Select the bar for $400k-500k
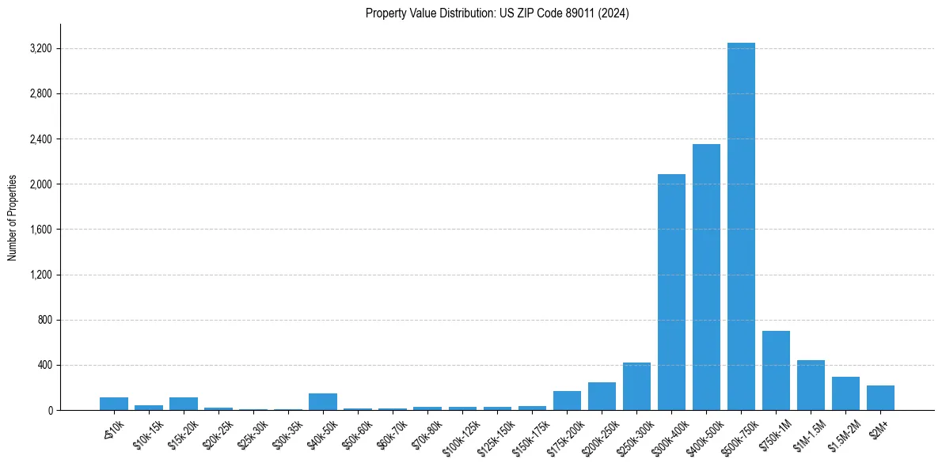[x=706, y=277]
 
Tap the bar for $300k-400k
[x=671, y=292]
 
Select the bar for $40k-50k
[x=323, y=402]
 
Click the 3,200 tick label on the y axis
[x=40, y=49]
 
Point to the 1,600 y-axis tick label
[x=40, y=230]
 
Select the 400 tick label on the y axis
[x=44, y=366]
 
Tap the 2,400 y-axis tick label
[x=40, y=139]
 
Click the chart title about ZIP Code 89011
[x=497, y=13]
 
